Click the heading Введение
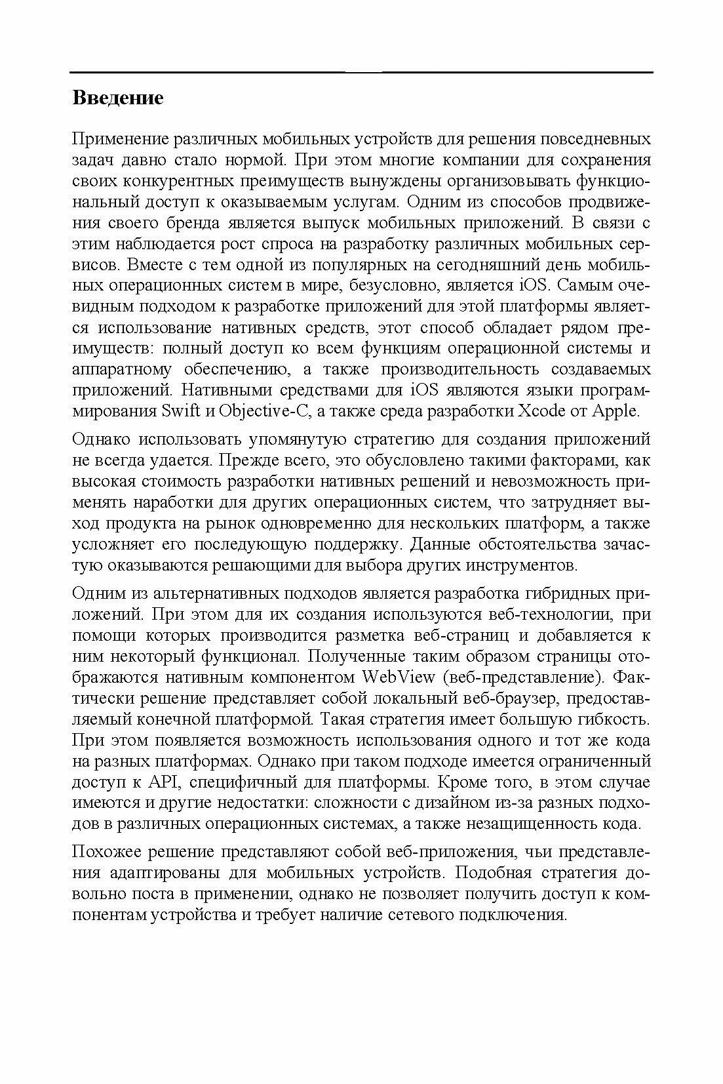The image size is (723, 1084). pyautogui.click(x=117, y=98)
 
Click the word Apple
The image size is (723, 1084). pyautogui.click(x=615, y=411)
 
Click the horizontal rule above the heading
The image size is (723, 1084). pyautogui.click(x=361, y=71)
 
